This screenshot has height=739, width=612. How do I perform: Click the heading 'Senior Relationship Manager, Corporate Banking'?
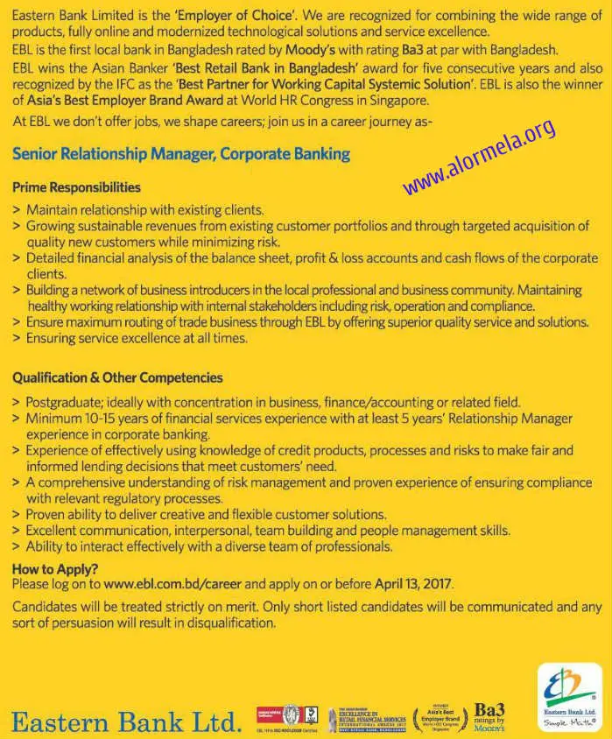pyautogui.click(x=181, y=154)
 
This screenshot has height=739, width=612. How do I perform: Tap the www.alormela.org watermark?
pyautogui.click(x=479, y=157)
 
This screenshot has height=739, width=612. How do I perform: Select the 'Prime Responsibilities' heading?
pyautogui.click(x=76, y=187)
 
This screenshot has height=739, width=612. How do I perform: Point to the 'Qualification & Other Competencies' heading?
pyautogui.click(x=117, y=378)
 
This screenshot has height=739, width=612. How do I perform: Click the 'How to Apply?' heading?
pyautogui.click(x=55, y=569)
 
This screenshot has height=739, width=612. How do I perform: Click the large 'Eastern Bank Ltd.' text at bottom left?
pyautogui.click(x=126, y=721)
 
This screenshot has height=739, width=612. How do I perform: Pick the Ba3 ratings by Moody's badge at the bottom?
pyautogui.click(x=489, y=716)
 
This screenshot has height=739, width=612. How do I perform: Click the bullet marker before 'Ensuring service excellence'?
pyautogui.click(x=17, y=338)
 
